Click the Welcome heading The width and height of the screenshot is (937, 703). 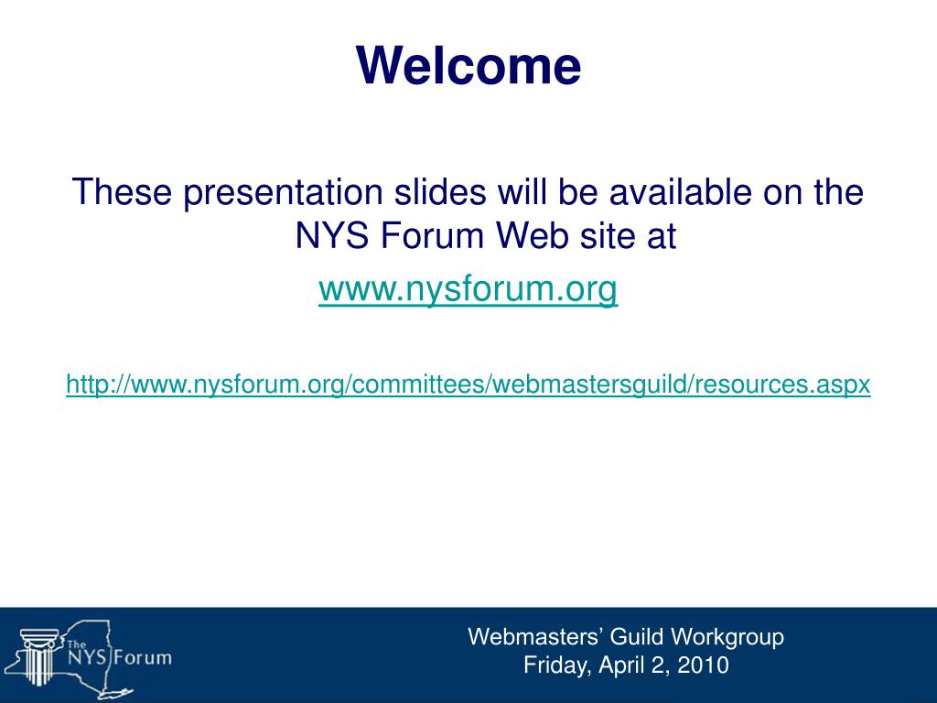(468, 65)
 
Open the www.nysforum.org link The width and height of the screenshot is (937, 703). (468, 289)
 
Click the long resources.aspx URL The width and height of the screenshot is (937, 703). (468, 384)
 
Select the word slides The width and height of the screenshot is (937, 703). (440, 192)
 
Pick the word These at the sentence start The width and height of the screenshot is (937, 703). (122, 192)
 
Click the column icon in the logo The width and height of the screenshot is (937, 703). (38, 656)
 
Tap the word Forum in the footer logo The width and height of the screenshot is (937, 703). (142, 658)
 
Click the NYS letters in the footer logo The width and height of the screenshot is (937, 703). (87, 658)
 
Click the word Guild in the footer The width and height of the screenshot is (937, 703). (636, 637)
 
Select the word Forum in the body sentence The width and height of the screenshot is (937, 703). (432, 235)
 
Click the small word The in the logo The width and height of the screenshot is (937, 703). (77, 644)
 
